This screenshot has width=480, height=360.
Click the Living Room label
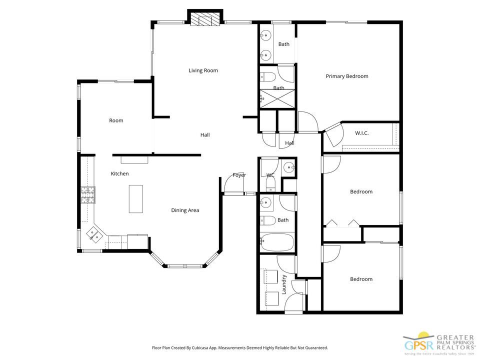click(x=203, y=70)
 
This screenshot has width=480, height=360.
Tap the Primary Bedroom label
click(x=346, y=76)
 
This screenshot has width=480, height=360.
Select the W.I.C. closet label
click(x=361, y=133)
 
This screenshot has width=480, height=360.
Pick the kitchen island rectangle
click(x=135, y=199)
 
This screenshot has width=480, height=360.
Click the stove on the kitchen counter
click(x=88, y=194)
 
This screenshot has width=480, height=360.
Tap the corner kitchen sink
click(x=94, y=232)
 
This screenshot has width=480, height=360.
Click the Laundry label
click(x=283, y=284)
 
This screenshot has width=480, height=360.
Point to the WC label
click(x=270, y=175)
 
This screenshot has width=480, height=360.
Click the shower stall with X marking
click(x=277, y=99)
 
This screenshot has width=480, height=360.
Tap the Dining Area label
click(x=185, y=210)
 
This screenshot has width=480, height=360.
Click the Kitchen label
click(x=119, y=174)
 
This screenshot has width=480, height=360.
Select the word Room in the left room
click(x=116, y=120)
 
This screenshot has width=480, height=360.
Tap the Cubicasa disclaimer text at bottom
click(x=239, y=347)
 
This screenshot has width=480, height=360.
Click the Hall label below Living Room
click(x=205, y=135)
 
